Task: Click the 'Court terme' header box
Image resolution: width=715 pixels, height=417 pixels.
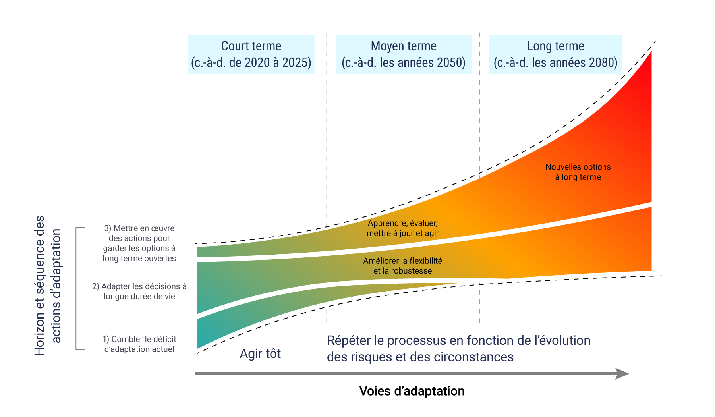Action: click(251, 54)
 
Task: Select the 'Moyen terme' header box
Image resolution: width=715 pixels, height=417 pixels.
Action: click(403, 54)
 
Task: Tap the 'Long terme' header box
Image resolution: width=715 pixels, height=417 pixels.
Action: click(555, 54)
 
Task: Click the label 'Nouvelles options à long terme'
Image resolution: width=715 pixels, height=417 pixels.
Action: click(578, 172)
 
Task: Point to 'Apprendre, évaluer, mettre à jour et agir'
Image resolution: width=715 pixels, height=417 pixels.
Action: click(402, 228)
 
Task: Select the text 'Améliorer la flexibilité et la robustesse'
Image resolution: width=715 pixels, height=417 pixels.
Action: click(402, 266)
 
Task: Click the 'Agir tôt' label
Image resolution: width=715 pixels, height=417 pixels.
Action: click(260, 353)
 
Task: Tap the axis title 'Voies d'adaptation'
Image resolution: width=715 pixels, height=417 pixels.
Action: click(412, 391)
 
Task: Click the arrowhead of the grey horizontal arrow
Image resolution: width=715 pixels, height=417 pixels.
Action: click(622, 374)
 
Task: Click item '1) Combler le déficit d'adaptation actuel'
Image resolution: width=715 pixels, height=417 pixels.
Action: click(139, 344)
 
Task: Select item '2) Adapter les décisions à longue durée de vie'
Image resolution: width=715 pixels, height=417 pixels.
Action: click(139, 291)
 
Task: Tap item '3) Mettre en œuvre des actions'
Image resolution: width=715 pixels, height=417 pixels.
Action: click(139, 243)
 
